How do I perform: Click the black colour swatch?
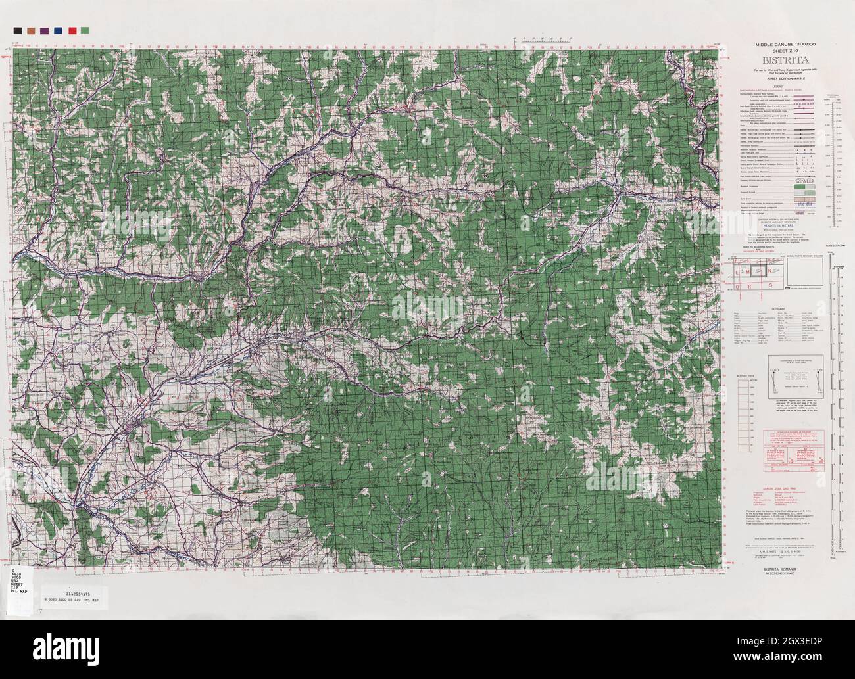click(17, 30)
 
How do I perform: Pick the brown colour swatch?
click(31, 30)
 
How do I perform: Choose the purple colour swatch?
click(44, 30)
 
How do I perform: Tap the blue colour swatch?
click(58, 30)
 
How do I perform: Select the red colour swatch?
click(72, 30)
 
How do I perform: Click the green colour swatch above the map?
click(85, 30)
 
